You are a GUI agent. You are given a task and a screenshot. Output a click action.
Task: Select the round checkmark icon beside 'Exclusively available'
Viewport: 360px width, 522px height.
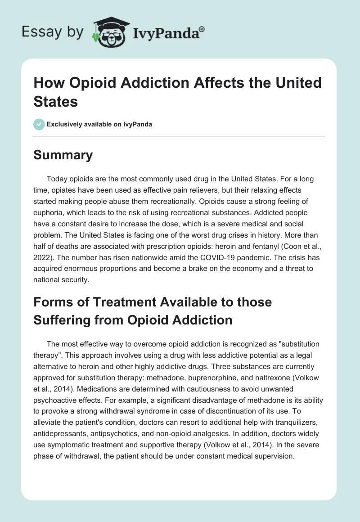coord(39,124)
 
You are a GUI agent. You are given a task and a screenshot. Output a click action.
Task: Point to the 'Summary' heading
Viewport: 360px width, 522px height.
coord(63,155)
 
